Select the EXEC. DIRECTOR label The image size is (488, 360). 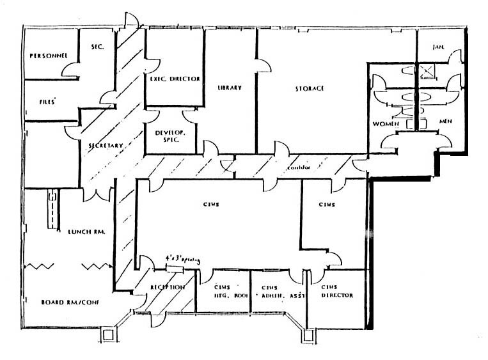click(175, 79)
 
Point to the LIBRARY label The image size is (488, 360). click(229, 88)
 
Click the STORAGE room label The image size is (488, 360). click(309, 88)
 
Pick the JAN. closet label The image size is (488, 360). click(438, 47)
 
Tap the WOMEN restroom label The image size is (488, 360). click(386, 123)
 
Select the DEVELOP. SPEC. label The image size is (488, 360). click(169, 135)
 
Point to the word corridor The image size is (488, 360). click(297, 168)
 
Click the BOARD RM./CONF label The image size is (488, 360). click(66, 301)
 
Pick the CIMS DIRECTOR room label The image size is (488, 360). click(337, 291)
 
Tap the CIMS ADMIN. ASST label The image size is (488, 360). click(276, 292)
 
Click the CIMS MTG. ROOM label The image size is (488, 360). click(223, 291)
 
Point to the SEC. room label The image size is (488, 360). click(97, 47)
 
